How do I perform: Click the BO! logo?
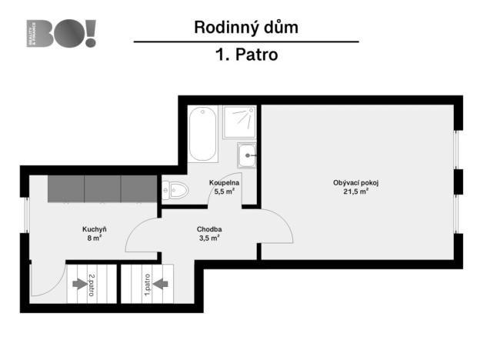62,34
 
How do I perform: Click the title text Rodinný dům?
245,28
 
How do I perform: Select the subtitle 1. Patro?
245,55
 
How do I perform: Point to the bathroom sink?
247,155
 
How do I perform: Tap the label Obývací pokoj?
355,182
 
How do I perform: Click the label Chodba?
209,229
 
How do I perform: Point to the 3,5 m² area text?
209,238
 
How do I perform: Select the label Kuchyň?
94,229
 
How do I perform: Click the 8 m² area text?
94,238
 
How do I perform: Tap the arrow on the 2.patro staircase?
78,284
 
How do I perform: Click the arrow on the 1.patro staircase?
161,284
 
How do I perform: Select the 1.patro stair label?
147,287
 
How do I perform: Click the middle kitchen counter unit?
102,188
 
